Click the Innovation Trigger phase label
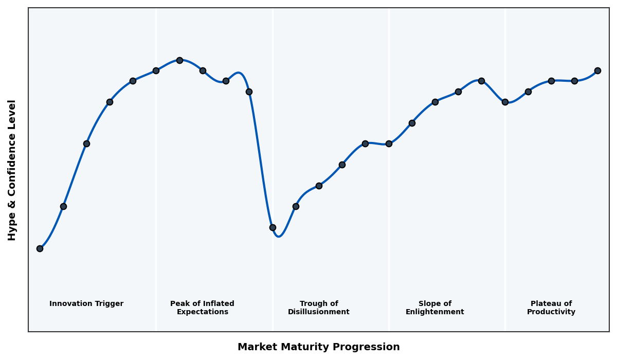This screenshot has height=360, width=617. point(86,304)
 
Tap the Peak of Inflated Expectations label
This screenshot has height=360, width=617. point(202,308)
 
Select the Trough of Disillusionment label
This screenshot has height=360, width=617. point(319,308)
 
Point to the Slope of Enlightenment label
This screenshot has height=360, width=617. point(435,308)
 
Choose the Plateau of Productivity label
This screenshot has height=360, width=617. point(551,308)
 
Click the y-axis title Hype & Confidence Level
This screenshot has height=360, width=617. point(12,170)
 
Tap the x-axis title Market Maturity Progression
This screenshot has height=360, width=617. point(319,347)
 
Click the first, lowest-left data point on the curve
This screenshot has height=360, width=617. point(40,248)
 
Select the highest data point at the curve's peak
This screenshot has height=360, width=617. point(179,60)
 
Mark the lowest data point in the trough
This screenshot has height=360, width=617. point(273,227)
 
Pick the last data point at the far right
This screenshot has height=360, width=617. point(597,70)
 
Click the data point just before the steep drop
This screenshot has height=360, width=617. point(249,92)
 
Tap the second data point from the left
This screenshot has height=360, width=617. point(63,206)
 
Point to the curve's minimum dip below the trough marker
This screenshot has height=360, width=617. point(279,236)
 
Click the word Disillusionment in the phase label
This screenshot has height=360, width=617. point(319,312)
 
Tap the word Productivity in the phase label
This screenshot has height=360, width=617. point(551,312)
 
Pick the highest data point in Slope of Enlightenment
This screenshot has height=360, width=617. point(481,81)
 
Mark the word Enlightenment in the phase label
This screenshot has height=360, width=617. point(435,312)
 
